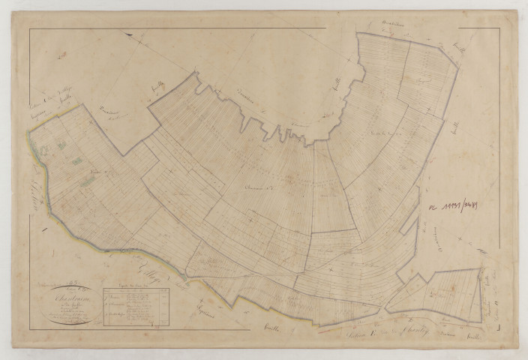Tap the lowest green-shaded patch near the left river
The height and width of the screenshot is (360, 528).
[x=88, y=180]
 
